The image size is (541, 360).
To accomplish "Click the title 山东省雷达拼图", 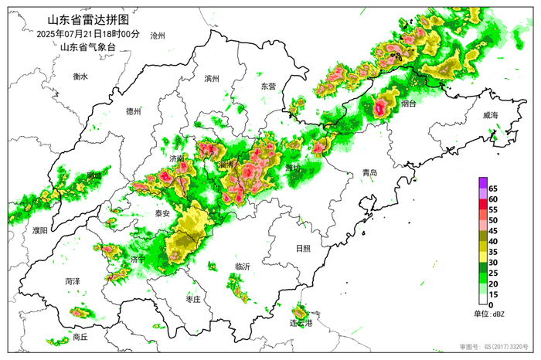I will coord(88,20).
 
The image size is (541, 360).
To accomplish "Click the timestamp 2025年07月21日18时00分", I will coord(88,34).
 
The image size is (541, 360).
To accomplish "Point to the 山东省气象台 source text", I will coord(87,47).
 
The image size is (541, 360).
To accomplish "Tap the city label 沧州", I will coord(158,36).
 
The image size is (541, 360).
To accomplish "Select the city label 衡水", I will coord(81,76).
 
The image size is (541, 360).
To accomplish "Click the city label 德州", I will coord(134,111).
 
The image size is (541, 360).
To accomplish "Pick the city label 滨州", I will coord(212,79).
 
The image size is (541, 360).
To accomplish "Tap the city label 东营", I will coord(267,87).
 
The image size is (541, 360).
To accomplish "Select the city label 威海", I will coord(490,115).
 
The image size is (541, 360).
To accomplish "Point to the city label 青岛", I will coord(369,174).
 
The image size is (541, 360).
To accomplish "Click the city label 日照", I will coord(303,248).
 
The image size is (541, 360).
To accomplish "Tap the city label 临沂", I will coord(242,267).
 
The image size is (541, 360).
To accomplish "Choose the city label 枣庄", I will coord(193,298).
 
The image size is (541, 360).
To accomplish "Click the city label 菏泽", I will coord(73,281).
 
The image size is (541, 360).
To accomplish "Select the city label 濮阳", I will coord(39,230).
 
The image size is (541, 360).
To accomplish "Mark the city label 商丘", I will coord(80,337).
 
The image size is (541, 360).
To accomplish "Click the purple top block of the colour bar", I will coord(482,182).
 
